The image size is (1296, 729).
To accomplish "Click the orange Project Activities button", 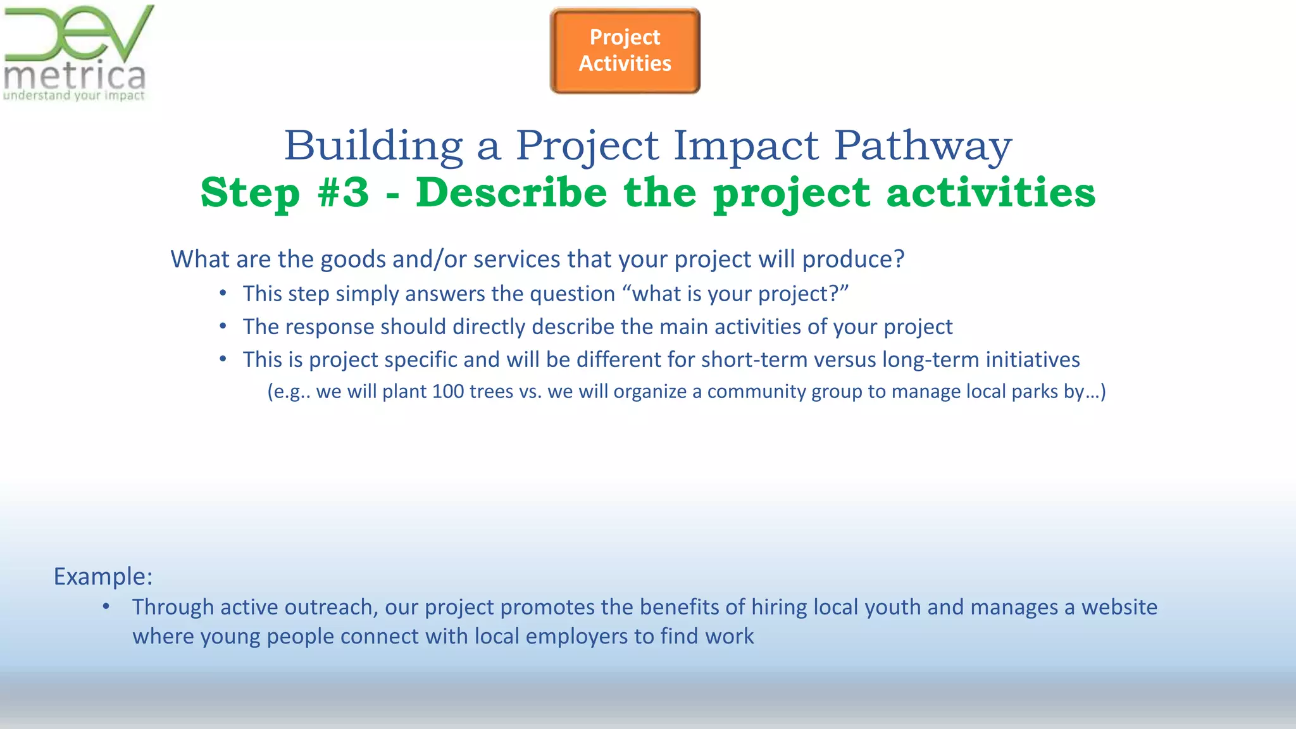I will (625, 51).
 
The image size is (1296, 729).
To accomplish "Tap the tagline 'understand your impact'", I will (74, 96).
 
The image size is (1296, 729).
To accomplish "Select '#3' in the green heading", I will (344, 192).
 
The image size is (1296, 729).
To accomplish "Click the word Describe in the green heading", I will (511, 192).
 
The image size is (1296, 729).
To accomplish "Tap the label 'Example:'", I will (103, 576).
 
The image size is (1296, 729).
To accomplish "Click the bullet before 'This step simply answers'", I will (223, 293).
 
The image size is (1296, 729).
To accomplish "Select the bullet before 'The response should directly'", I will (223, 326).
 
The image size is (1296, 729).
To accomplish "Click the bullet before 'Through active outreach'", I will (106, 606).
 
